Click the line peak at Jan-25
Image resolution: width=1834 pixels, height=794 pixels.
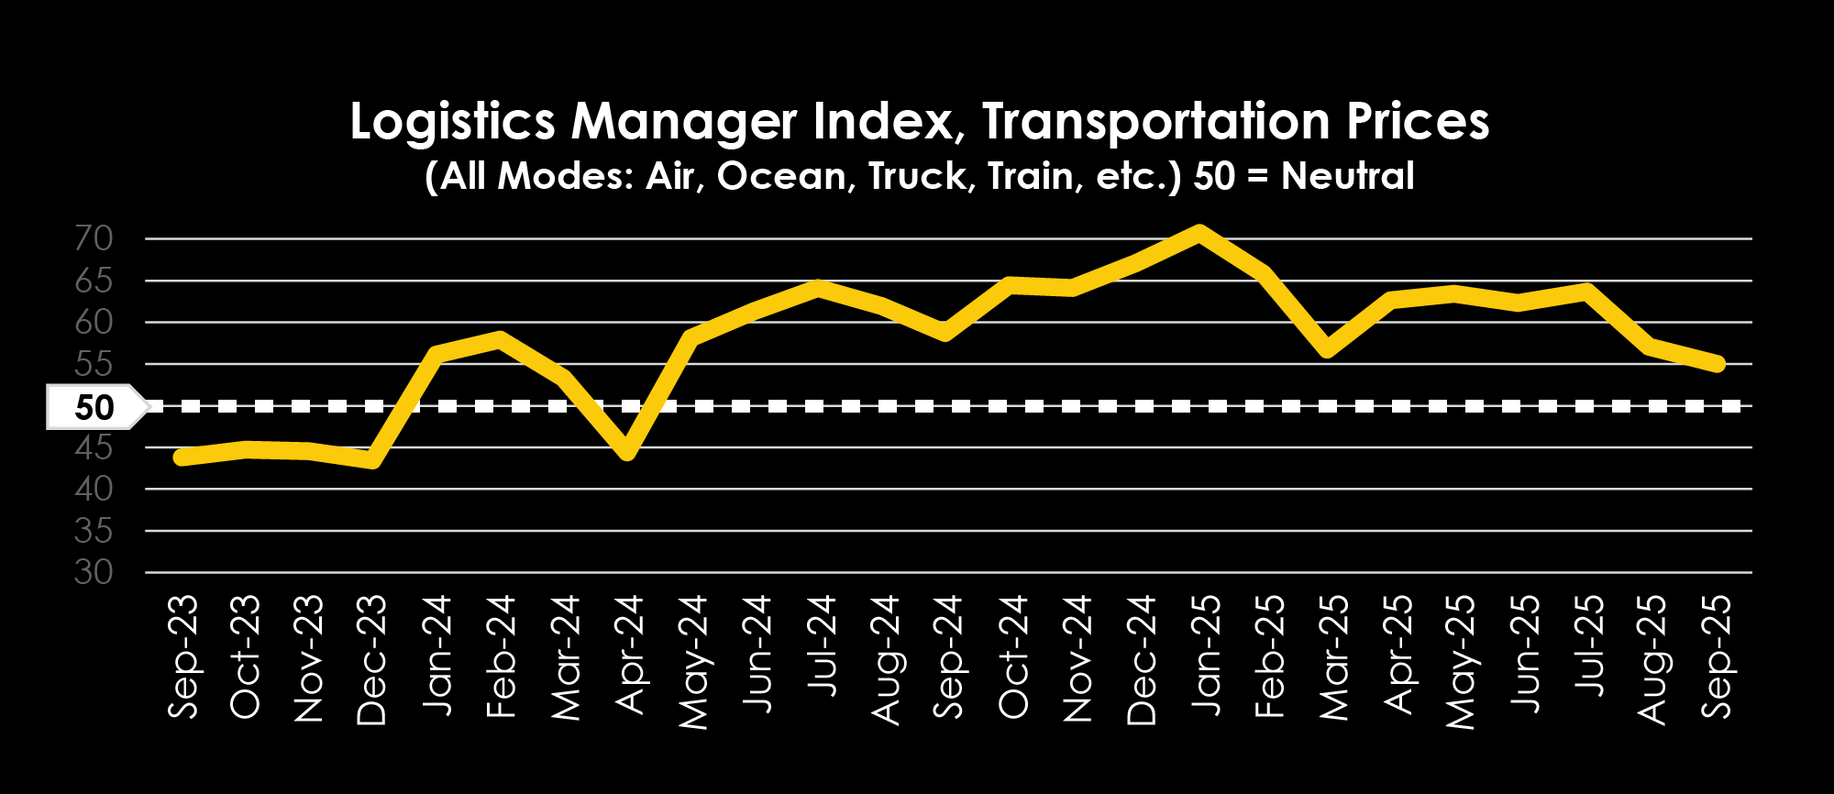click(1199, 232)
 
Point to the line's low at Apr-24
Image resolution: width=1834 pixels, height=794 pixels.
click(627, 451)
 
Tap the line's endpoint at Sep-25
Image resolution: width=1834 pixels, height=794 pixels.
click(1717, 364)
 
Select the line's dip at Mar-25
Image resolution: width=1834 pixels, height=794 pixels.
click(1327, 349)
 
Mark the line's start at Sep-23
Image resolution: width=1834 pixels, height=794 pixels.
click(182, 457)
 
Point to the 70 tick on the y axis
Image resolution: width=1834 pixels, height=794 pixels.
click(94, 239)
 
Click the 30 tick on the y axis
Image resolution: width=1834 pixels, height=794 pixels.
click(94, 573)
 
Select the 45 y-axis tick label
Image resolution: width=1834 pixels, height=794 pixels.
click(94, 448)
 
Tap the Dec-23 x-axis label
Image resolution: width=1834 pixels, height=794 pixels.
click(372, 660)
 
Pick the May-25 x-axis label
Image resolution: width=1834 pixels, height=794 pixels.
click(1460, 662)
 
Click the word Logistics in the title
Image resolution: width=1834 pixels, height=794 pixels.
click(453, 122)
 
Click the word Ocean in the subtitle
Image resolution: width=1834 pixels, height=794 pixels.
click(781, 176)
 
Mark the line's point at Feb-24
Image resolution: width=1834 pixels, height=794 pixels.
click(499, 339)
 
